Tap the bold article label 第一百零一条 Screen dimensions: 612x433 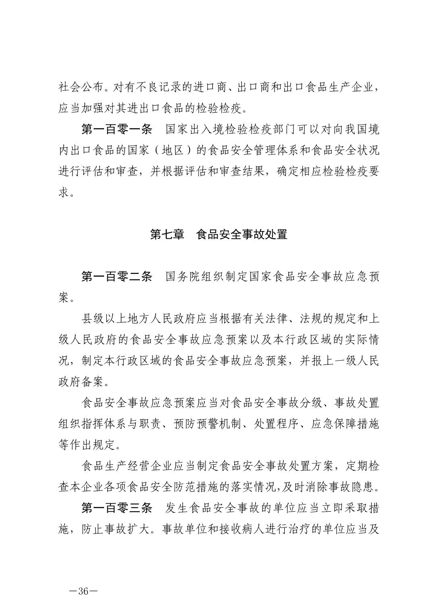click(117, 130)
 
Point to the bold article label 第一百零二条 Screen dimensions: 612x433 click(117, 277)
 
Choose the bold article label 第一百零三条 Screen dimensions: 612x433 click(117, 508)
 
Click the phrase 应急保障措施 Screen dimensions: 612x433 click(345, 424)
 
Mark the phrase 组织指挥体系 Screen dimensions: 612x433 click(93, 424)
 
